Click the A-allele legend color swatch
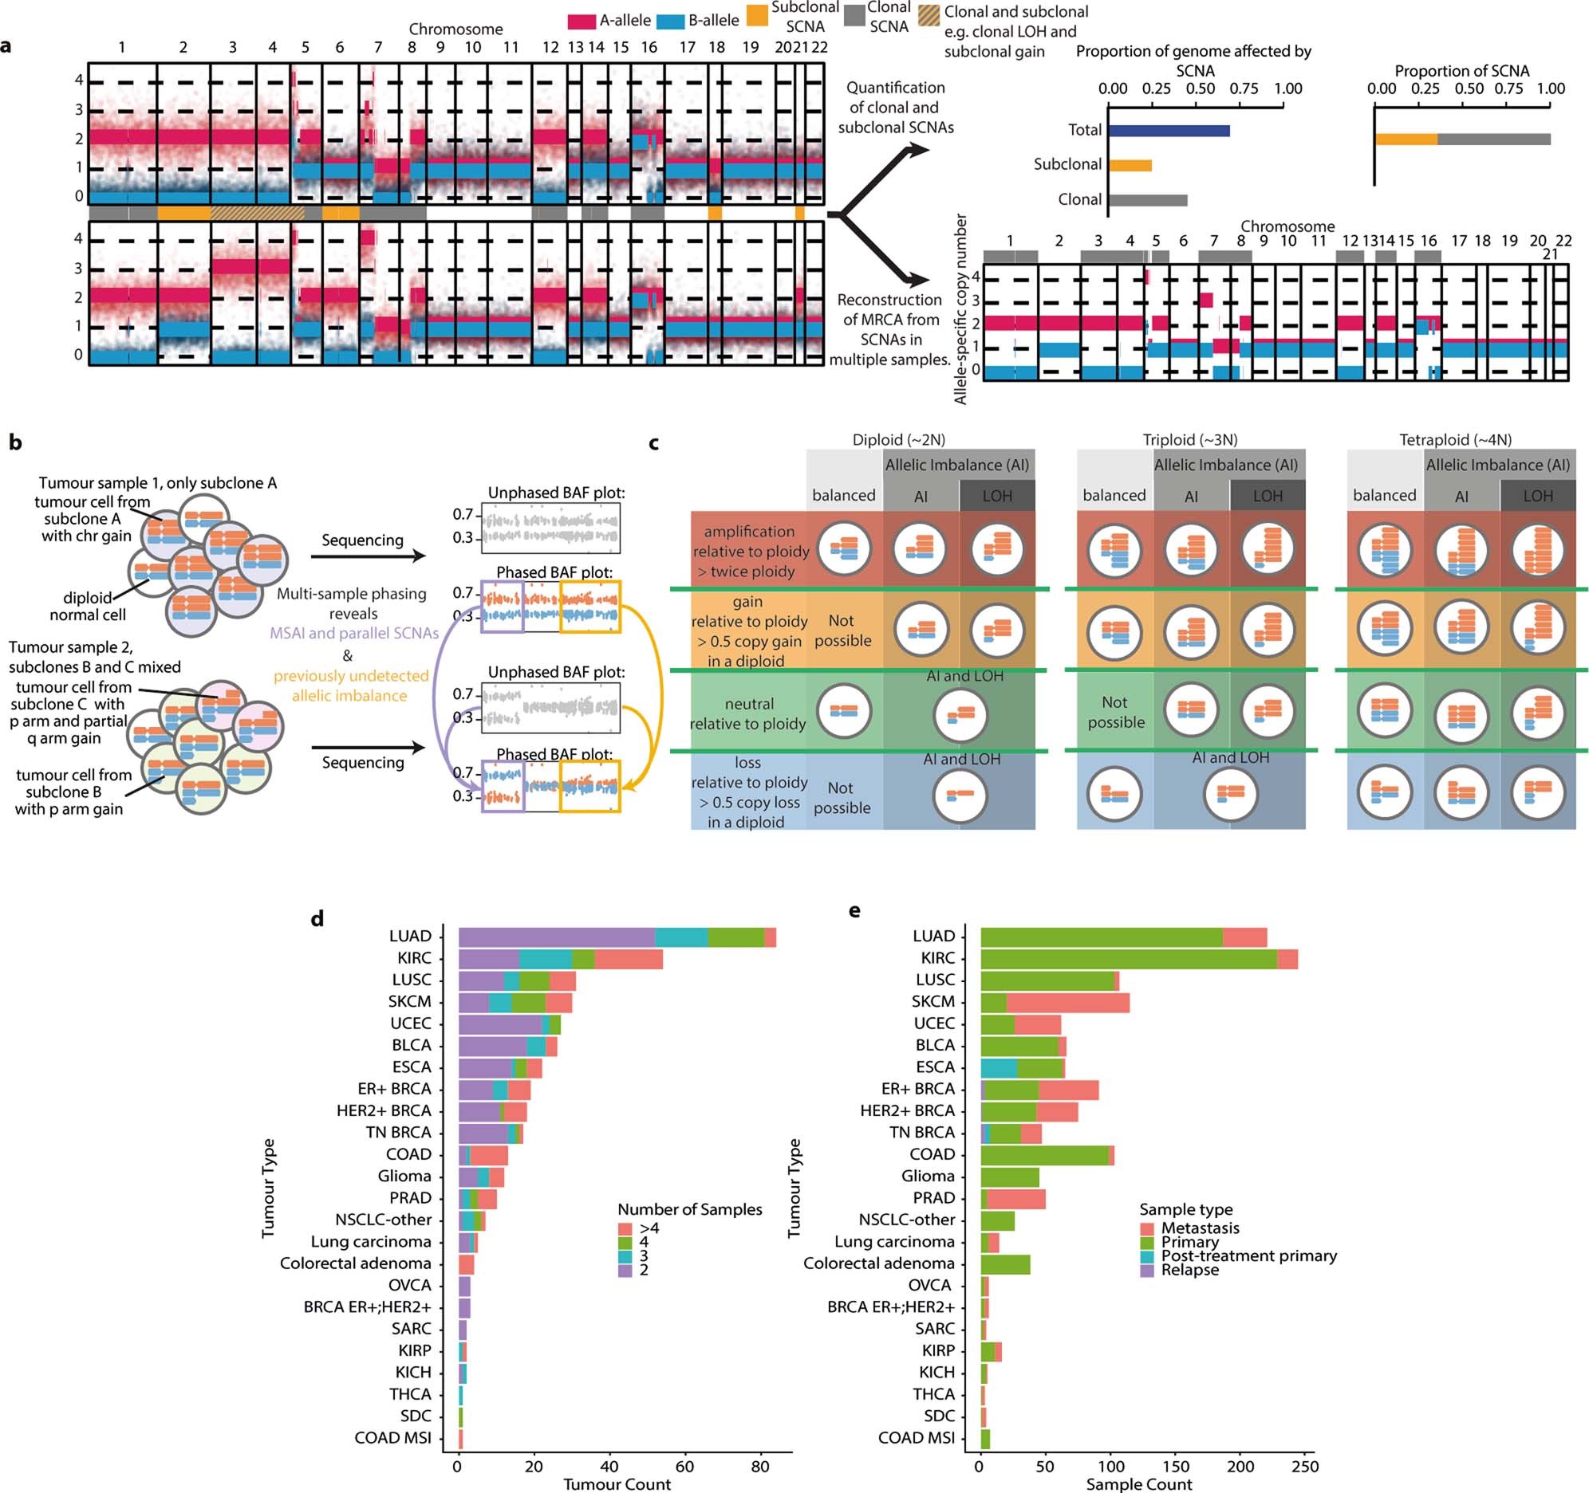pyautogui.click(x=582, y=22)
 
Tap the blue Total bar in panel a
pyautogui.click(x=1168, y=130)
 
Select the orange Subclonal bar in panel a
pyautogui.click(x=1130, y=164)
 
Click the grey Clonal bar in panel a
pyautogui.click(x=1147, y=200)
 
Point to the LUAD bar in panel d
pyautogui.click(x=617, y=937)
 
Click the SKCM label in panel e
pyautogui.click(x=933, y=1002)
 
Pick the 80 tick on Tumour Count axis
pyautogui.click(x=761, y=1465)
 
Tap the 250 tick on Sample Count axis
pyautogui.click(x=1305, y=1465)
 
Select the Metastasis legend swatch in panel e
pyautogui.click(x=1148, y=1228)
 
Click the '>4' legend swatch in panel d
pyautogui.click(x=625, y=1228)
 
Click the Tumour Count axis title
pyautogui.click(x=617, y=1484)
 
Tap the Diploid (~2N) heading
pyautogui.click(x=898, y=439)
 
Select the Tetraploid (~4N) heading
pyautogui.click(x=1455, y=439)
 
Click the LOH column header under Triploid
pyautogui.click(x=1268, y=496)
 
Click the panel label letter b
pyautogui.click(x=15, y=442)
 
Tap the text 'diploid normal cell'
pyautogui.click(x=87, y=607)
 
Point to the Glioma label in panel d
pyautogui.click(x=404, y=1176)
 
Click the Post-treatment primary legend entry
pyautogui.click(x=1248, y=1255)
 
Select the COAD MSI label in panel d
pyautogui.click(x=392, y=1438)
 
